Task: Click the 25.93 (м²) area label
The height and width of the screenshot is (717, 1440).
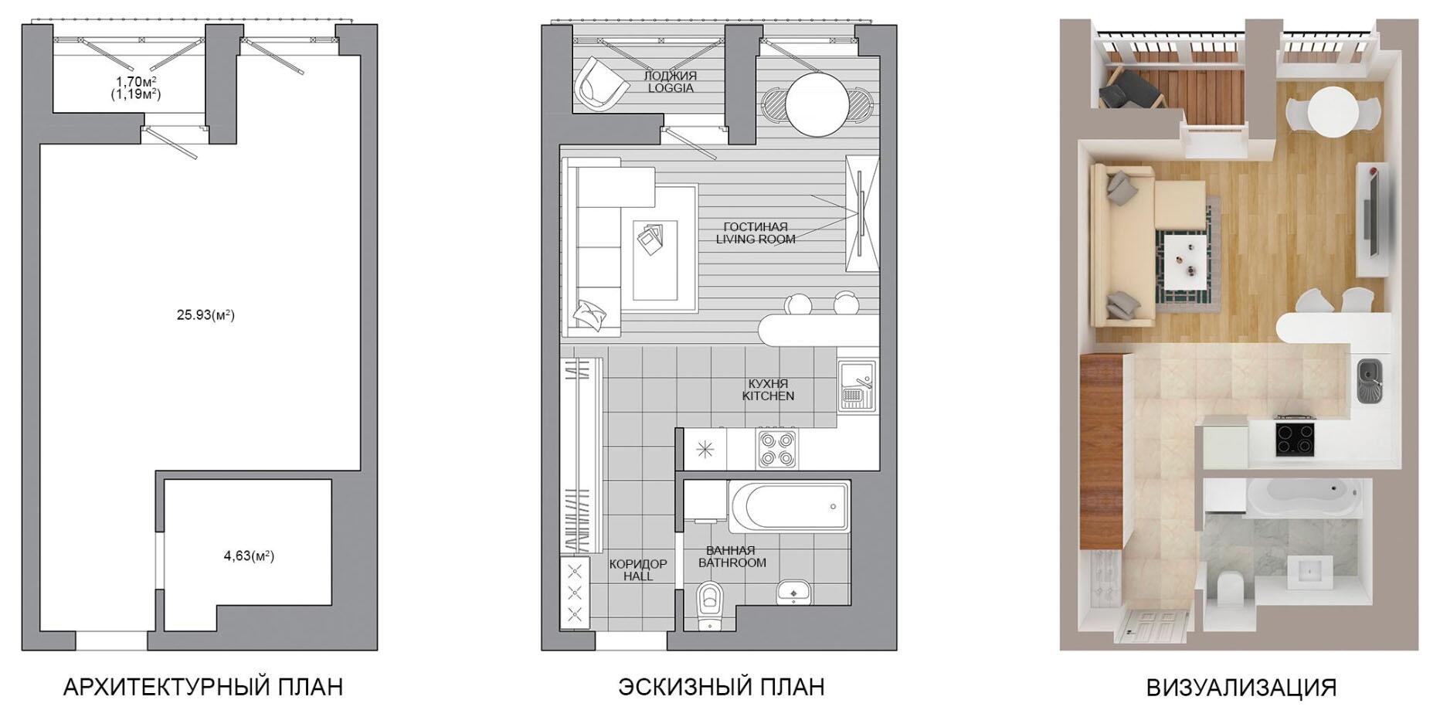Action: [x=205, y=315]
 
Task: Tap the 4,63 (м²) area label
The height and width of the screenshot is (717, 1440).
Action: [x=249, y=556]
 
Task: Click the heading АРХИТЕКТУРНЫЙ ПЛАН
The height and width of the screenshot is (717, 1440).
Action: [x=203, y=687]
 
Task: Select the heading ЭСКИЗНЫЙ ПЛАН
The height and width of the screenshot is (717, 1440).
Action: [x=721, y=687]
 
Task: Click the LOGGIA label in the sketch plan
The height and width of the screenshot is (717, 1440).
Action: [x=671, y=88]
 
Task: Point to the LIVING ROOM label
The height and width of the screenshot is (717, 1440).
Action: [x=756, y=240]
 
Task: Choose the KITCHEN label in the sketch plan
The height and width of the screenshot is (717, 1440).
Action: [x=768, y=396]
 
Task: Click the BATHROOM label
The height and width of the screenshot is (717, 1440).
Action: [x=732, y=562]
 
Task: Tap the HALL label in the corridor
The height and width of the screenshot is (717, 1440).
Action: [x=638, y=576]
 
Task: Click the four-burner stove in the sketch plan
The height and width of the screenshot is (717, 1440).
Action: [x=776, y=449]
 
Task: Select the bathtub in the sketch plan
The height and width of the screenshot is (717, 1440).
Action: [x=789, y=506]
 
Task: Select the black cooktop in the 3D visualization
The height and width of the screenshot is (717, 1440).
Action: [x=1295, y=437]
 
